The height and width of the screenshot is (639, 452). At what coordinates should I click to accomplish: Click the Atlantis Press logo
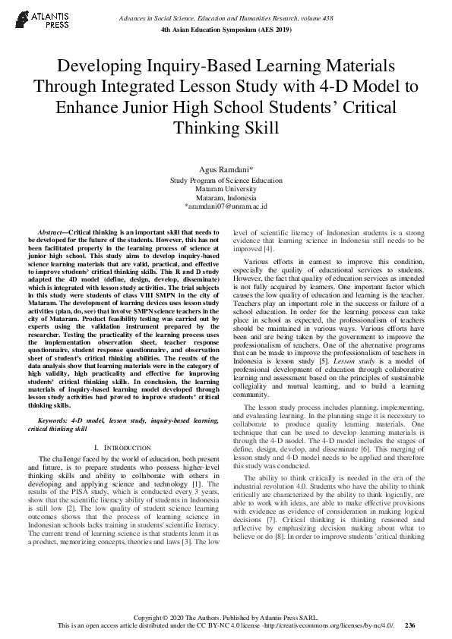(37, 20)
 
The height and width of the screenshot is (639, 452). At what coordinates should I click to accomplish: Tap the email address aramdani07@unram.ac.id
(226, 206)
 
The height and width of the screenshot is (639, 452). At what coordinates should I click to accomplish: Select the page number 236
(410, 626)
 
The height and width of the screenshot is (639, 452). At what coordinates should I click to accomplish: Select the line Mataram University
(226, 189)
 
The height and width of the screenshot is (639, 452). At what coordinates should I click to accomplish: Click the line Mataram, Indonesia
(226, 197)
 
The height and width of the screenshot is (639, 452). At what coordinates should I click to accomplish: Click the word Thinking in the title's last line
(226, 127)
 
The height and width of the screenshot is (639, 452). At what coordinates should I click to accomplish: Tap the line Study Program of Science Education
(226, 181)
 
